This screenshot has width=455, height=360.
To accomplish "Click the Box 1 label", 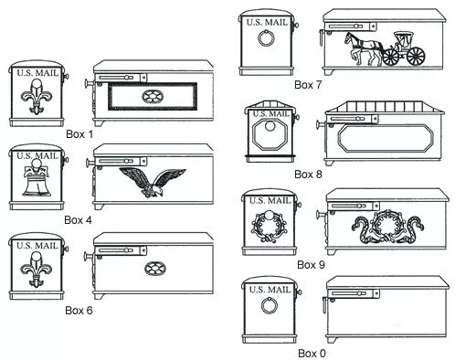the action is pyautogui.click(x=79, y=134).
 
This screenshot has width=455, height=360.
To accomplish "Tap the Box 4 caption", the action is pyautogui.click(x=78, y=220).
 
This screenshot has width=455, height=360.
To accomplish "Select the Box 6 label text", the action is pyautogui.click(x=79, y=311).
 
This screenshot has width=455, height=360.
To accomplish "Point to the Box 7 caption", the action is pyautogui.click(x=308, y=85).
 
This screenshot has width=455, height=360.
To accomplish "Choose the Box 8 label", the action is pyautogui.click(x=308, y=175).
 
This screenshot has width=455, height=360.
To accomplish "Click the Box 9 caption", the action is pyautogui.click(x=311, y=265).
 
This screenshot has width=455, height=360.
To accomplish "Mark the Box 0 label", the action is pyautogui.click(x=312, y=354).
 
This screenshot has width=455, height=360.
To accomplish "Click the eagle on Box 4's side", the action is pyautogui.click(x=153, y=182).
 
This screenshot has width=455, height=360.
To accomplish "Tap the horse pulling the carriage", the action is pyautogui.click(x=364, y=48).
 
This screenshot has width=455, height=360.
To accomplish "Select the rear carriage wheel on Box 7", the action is pyautogui.click(x=416, y=57).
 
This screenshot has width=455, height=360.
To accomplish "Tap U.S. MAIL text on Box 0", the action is pyautogui.click(x=270, y=290).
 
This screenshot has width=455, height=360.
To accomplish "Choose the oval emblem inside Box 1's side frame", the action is pyautogui.click(x=153, y=97).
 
